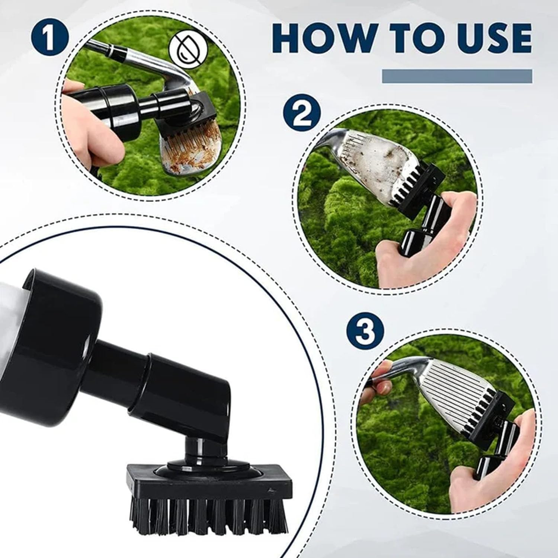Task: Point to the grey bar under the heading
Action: [457, 76]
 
